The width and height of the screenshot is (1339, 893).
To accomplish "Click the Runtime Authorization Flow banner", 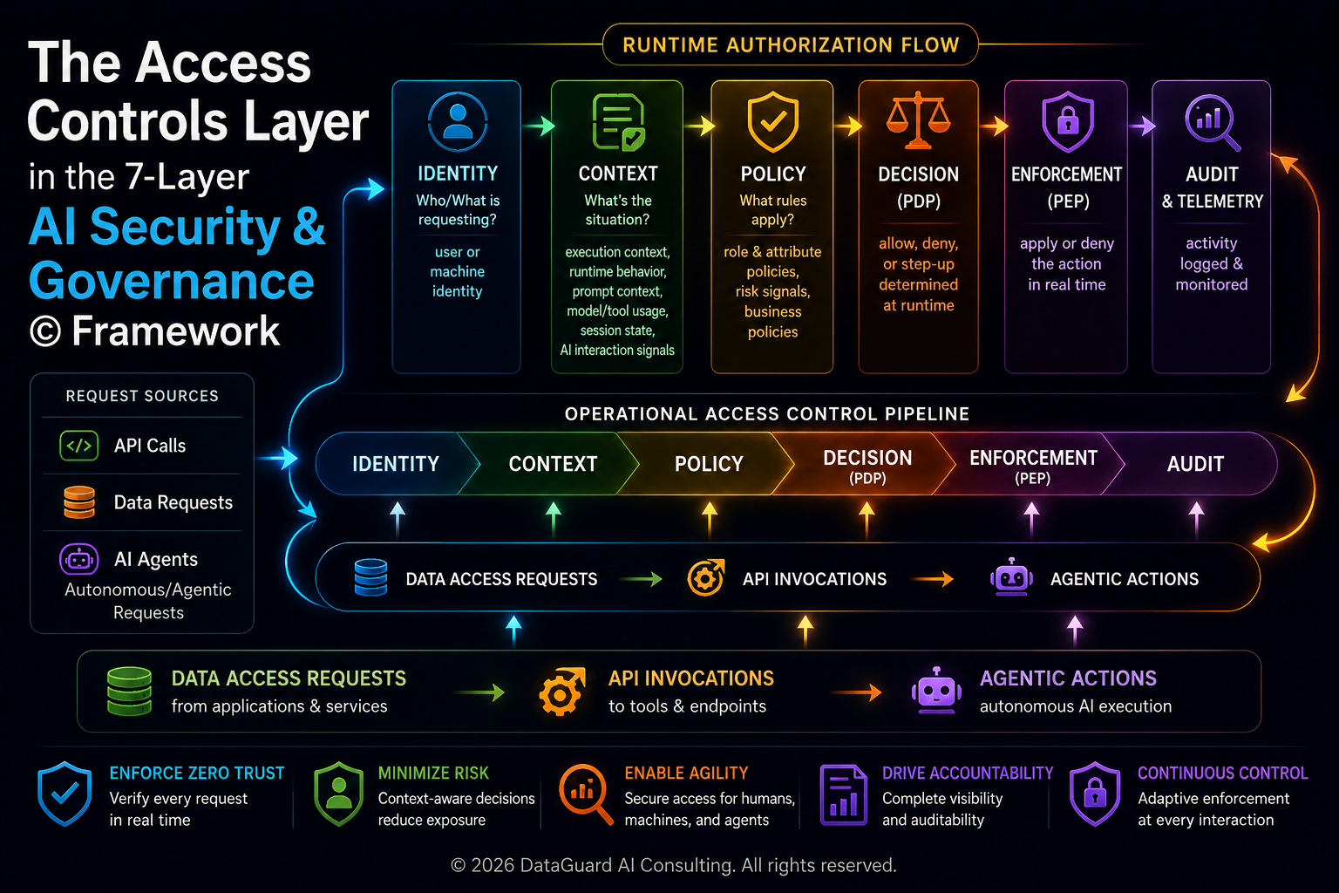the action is pyautogui.click(x=791, y=44).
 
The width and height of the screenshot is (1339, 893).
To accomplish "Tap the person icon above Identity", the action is pyautogui.click(x=458, y=122).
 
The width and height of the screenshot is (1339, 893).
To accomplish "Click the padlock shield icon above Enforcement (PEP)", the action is pyautogui.click(x=1068, y=122).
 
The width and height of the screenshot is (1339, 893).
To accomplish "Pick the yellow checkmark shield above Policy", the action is pyautogui.click(x=773, y=122).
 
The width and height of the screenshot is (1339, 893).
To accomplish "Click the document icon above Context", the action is pyautogui.click(x=619, y=121).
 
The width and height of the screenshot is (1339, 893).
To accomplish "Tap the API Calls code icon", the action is pyautogui.click(x=79, y=446).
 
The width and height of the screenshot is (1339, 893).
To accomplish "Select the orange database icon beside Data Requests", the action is pyautogui.click(x=79, y=501).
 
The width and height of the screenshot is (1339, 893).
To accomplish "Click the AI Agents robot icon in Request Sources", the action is pyautogui.click(x=79, y=559).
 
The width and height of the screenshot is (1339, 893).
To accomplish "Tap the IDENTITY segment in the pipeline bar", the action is pyautogui.click(x=395, y=464).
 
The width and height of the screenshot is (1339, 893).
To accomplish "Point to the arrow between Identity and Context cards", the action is pyautogui.click(x=539, y=126).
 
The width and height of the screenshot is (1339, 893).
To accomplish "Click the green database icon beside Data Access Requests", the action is pyautogui.click(x=129, y=692).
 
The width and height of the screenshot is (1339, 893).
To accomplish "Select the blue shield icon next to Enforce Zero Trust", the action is pyautogui.click(x=65, y=794).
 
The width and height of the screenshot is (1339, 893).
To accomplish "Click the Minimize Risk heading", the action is pyautogui.click(x=433, y=773).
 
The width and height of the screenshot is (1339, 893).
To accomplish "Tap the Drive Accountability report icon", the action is pyautogui.click(x=844, y=795).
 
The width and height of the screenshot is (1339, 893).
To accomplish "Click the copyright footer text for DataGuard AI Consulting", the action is pyautogui.click(x=674, y=865).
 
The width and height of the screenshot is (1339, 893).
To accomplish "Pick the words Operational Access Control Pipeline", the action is pyautogui.click(x=767, y=414).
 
